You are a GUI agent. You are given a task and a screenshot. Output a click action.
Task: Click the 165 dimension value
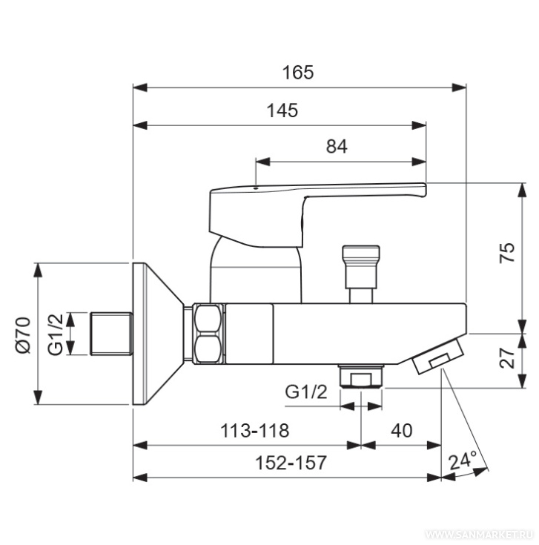tap(298, 73)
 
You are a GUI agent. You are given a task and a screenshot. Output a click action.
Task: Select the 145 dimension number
tap(282, 110)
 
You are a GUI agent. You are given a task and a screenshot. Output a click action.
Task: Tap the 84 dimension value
tap(337, 146)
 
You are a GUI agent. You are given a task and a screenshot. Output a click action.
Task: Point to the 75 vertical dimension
tap(506, 252)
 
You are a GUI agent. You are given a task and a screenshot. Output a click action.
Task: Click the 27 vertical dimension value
tap(506, 357)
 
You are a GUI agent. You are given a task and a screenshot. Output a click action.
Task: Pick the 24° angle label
tap(463, 460)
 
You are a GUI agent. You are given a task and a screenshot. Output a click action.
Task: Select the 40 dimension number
tap(401, 431)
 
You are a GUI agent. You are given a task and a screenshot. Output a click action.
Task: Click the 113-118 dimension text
tap(255, 431)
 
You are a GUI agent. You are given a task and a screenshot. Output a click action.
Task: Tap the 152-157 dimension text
tap(291, 463)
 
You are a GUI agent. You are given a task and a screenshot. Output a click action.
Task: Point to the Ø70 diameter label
tap(24, 335)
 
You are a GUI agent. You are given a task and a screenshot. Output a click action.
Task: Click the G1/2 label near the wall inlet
tap(56, 334)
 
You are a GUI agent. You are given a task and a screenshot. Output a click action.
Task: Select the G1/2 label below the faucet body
tap(305, 392)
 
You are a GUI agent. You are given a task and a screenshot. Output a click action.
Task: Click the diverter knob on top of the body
tap(361, 274)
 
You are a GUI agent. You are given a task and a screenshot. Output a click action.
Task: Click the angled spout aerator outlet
tap(438, 357)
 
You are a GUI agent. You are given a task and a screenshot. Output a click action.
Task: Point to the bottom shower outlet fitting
tap(361, 376)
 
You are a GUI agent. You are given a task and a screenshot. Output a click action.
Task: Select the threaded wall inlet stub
tap(111, 334)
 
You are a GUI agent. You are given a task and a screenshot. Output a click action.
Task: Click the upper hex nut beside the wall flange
tap(208, 318)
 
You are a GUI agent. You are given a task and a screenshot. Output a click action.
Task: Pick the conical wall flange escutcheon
tap(158, 334)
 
